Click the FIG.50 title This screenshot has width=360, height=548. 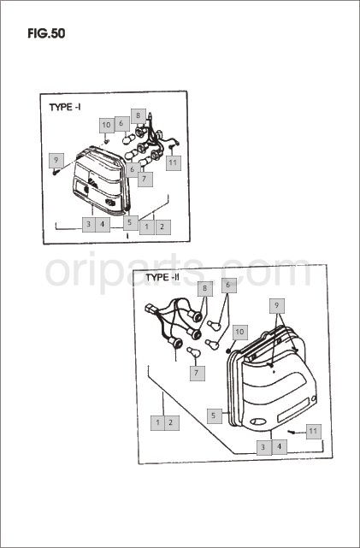coord(46,33)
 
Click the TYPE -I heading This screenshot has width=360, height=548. coord(65,107)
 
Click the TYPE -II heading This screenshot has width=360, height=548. coord(162,278)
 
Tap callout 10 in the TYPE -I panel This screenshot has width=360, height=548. coord(107,125)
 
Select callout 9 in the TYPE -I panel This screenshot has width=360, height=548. coord(56,161)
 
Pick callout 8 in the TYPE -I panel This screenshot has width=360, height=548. coord(138,115)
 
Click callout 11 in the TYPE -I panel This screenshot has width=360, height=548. coord(174,163)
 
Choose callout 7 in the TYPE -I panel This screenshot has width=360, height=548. coord(145,179)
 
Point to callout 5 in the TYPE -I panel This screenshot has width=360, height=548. coord(130,222)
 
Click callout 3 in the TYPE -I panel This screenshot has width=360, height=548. coord(89,224)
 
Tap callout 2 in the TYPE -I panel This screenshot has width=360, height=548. coord(162,227)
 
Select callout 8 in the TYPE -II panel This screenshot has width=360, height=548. coord(205,289)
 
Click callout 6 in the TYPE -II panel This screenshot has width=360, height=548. coord(228,286)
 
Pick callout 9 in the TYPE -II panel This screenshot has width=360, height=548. coord(277,306)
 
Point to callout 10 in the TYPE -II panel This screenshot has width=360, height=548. coord(239,332)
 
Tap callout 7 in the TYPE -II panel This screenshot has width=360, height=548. coord(198,374)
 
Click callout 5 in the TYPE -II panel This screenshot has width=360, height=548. coord(215,415)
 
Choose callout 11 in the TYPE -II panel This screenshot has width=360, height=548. coord(314,431)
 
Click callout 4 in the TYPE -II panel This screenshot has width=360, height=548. coord(279,447)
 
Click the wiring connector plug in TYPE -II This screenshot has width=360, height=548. coord(151,309)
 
